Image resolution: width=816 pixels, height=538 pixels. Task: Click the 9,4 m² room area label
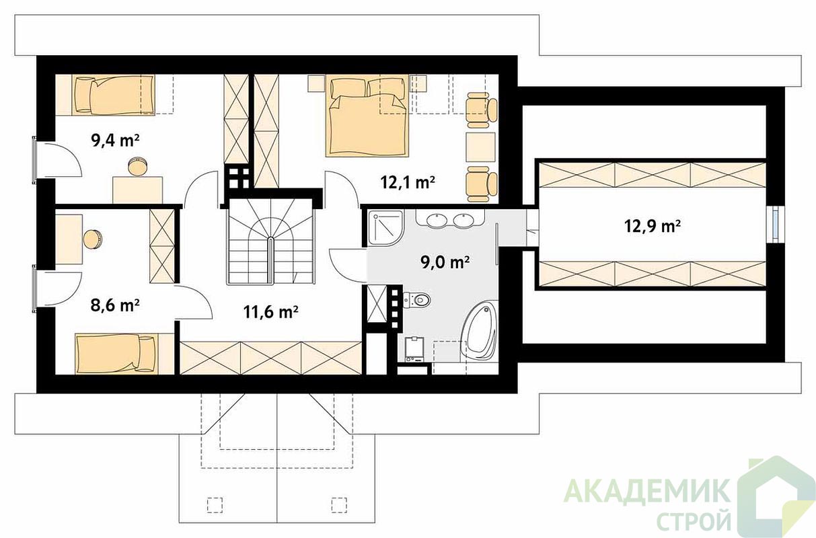[115, 141]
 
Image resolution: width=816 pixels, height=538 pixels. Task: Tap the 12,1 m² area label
[408, 182]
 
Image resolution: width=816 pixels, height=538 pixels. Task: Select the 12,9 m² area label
[653, 226]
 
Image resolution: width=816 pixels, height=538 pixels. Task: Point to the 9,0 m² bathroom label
[445, 262]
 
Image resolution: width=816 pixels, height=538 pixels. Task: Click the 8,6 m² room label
[115, 305]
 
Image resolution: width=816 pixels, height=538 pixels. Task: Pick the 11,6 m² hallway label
[270, 312]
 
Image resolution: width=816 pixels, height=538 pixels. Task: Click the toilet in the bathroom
[416, 300]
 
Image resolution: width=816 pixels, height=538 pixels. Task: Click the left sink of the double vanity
[437, 221]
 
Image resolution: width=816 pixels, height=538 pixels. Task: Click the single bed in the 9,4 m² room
[114, 95]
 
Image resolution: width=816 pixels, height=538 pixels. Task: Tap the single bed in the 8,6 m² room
[116, 354]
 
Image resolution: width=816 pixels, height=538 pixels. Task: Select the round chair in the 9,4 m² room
[138, 167]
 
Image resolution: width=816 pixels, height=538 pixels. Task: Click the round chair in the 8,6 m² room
[93, 239]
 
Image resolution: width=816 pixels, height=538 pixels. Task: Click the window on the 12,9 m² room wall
[775, 225]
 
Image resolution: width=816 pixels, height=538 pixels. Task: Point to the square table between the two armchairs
[481, 147]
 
